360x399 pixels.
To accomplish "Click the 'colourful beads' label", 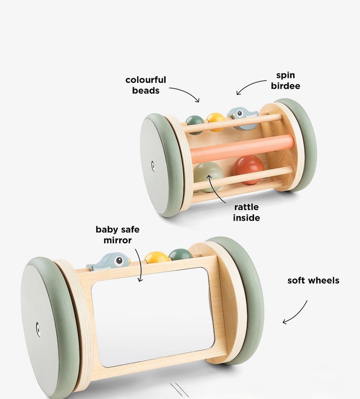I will [x=146, y=85].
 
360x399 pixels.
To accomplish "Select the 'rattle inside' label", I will [x=246, y=212].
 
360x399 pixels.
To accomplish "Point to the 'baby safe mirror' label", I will [x=117, y=235].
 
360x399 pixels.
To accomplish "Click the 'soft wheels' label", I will [x=313, y=280].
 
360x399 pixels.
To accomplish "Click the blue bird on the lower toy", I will [x=109, y=262].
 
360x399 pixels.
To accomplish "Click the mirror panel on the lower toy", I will [x=154, y=315].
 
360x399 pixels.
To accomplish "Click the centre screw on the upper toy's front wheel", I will [x=152, y=166].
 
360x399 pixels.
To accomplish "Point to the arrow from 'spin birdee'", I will [x=250, y=85].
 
